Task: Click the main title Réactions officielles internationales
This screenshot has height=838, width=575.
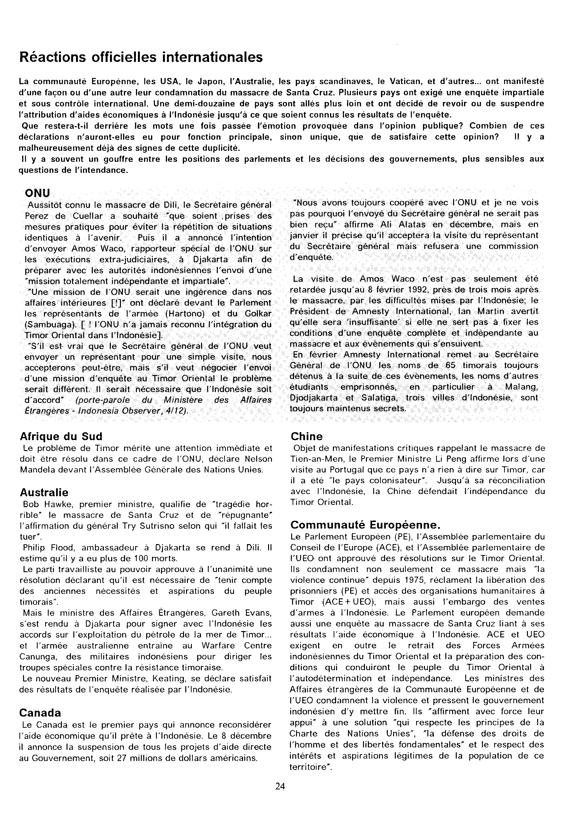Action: point(141,57)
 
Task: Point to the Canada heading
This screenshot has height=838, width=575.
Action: point(40,713)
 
